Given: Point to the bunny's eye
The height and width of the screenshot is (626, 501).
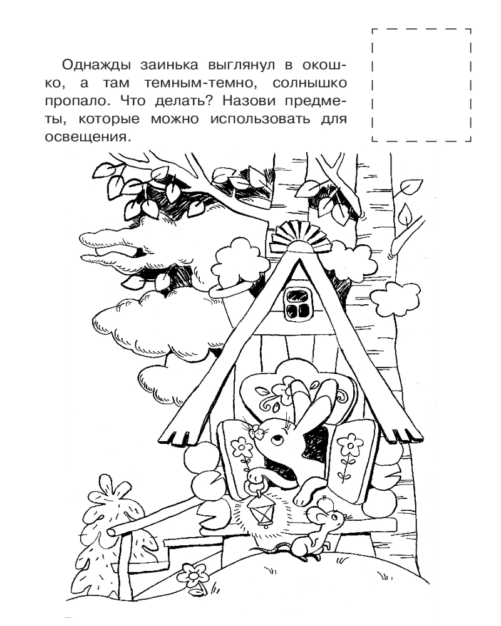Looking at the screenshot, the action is [x=276, y=440].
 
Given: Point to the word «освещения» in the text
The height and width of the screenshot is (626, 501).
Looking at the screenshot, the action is [x=88, y=137].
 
